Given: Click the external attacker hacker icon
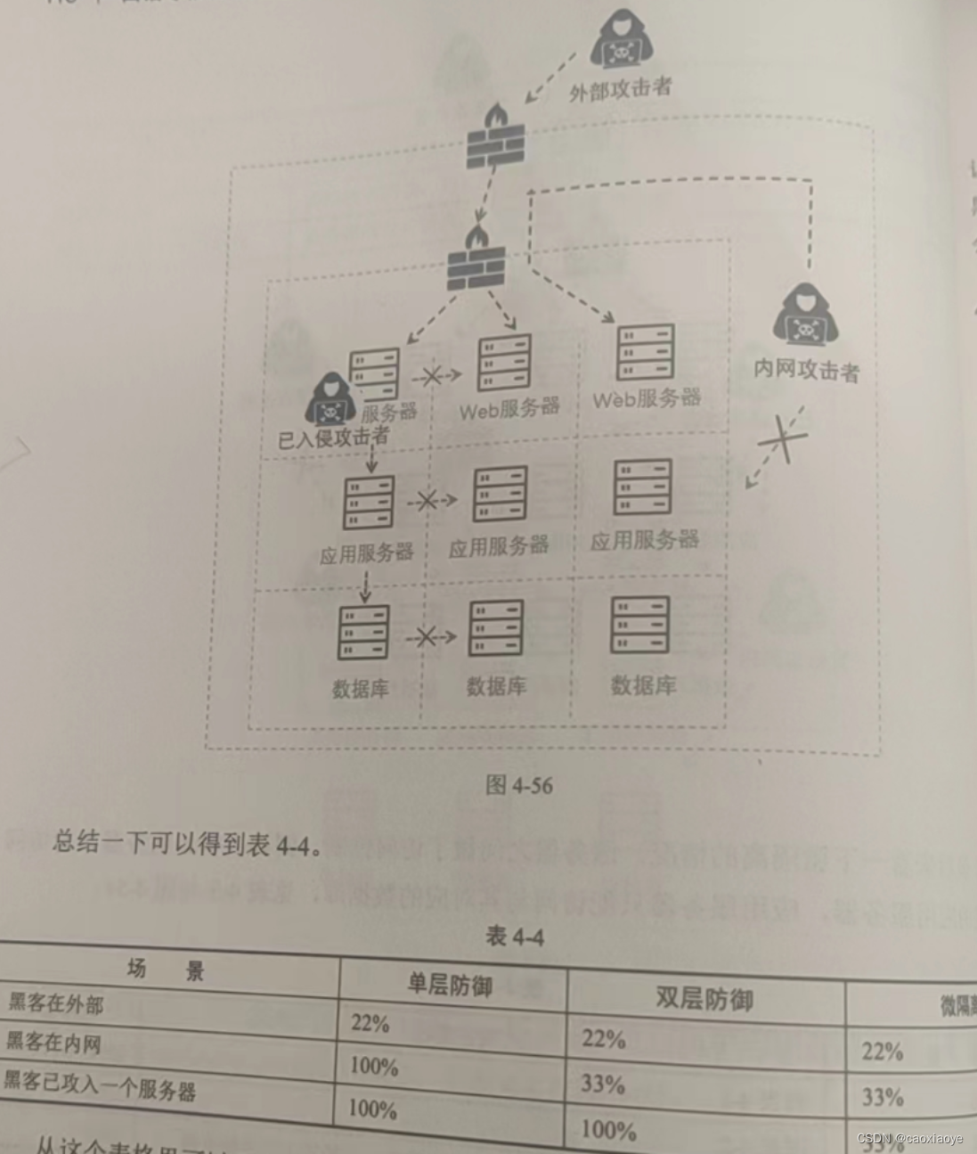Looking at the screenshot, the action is coord(620,42).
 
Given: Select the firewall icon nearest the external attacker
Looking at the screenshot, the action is coord(495,137).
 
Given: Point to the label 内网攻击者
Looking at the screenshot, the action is coord(806,368).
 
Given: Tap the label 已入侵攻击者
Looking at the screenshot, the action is coord(333,437).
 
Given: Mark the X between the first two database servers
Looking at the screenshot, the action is coord(426,636).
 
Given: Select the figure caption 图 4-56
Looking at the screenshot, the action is coord(518,784).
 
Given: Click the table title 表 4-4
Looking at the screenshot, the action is coord(515,936).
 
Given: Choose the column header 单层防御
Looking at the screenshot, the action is coord(450,985).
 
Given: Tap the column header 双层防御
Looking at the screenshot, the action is coord(704,998).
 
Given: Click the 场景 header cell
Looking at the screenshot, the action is coord(167,970).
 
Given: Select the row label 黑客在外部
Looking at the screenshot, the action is coord(55,1003).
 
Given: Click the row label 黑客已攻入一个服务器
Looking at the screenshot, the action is coord(99,1084).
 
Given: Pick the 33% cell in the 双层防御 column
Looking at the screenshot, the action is coord(603,1084).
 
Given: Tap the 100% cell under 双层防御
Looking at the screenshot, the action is coord(608,1130).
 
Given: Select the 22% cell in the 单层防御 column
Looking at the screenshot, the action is coord(370,1022).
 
